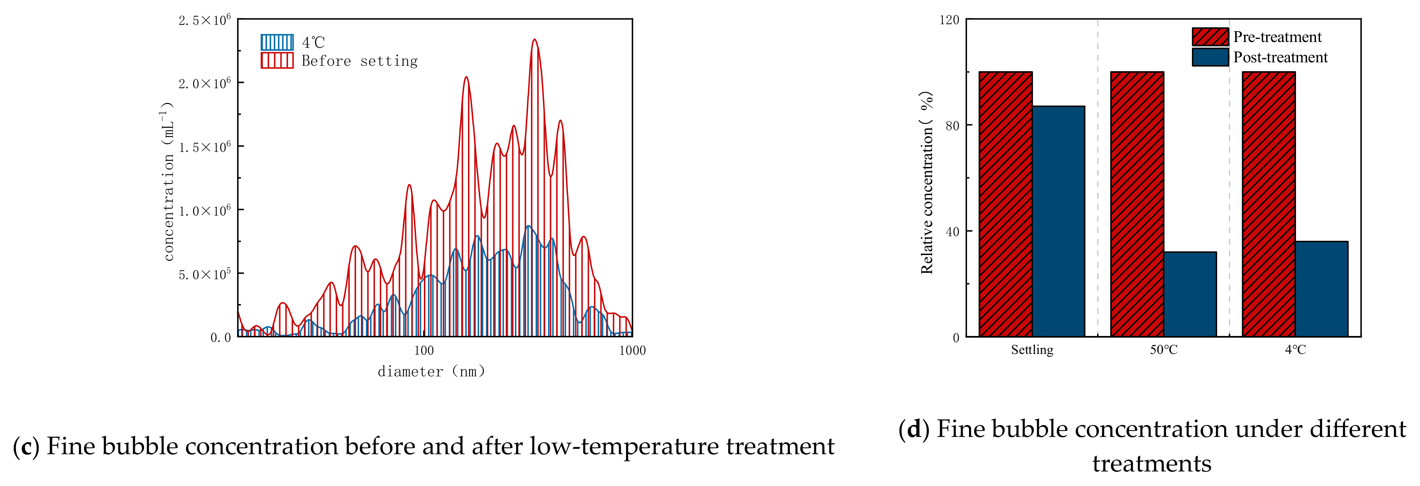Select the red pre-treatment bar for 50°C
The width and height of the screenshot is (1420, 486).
1137,204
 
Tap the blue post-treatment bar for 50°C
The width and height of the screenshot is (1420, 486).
1190,294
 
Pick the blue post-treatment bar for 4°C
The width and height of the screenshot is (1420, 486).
1321,289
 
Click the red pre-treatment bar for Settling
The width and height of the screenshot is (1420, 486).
1006,204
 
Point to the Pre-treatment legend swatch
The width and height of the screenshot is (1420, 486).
1210,37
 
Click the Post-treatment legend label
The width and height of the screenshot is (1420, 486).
1280,57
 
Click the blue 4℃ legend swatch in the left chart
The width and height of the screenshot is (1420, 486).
277,42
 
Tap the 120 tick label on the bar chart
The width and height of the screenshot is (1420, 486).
949,20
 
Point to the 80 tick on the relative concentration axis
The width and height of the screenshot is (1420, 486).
952,126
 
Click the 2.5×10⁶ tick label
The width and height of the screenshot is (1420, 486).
204,20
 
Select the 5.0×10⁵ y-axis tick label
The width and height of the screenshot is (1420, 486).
204,274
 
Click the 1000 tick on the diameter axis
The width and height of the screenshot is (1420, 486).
632,351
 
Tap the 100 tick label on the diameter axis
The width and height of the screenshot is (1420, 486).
423,351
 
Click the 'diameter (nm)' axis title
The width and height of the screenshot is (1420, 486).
431,372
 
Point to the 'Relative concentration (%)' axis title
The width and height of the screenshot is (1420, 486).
927,182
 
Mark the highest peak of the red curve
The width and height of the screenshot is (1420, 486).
534,40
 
